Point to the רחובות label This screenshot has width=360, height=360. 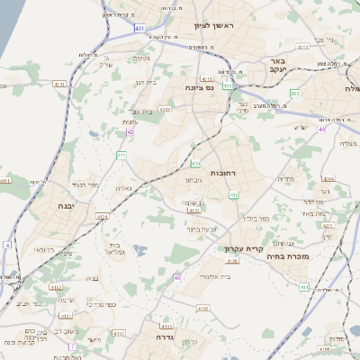pos(223,171)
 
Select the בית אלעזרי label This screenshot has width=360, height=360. pos(216,276)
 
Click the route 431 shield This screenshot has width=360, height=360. pos(139,29)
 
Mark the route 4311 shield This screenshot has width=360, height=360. pos(60,84)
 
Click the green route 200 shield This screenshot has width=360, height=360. pos(294,93)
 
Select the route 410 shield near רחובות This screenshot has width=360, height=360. pos(195,163)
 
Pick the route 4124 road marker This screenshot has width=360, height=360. pos(102,216)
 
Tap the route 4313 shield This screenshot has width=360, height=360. pos(303,47)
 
